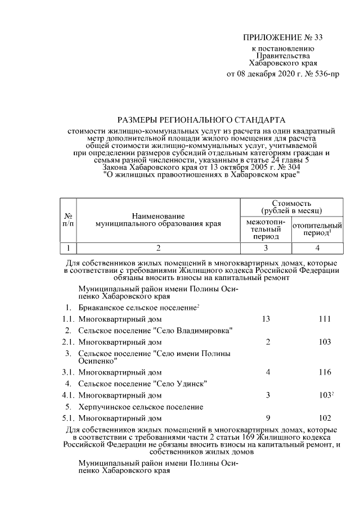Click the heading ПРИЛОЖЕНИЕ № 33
(x=283, y=38)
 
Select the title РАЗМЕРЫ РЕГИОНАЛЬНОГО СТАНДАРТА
(x=201, y=119)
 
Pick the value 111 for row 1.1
(x=323, y=319)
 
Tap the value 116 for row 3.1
(x=323, y=372)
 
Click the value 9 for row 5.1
(x=268, y=418)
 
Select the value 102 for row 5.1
(x=323, y=418)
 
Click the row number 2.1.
(x=68, y=341)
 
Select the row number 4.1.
(x=68, y=395)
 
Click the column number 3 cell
(x=265, y=247)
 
